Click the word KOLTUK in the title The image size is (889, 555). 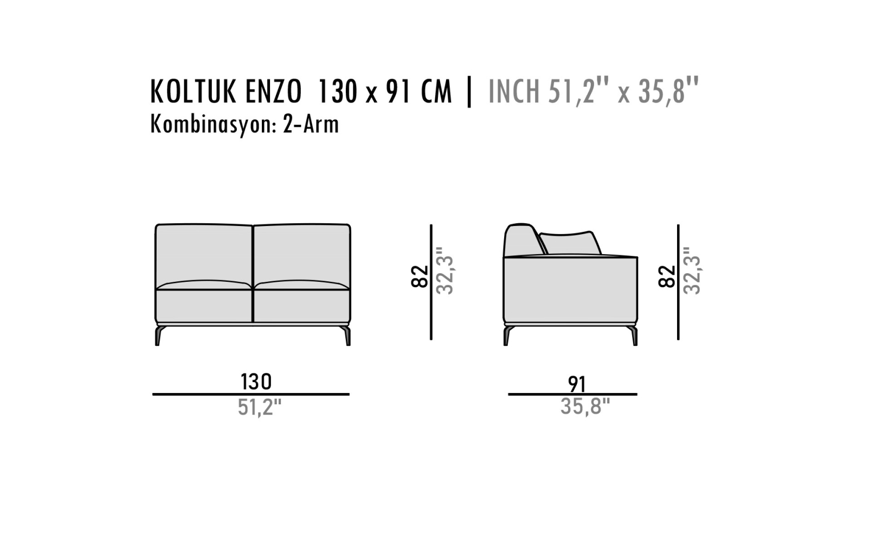click(x=194, y=92)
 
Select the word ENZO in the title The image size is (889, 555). click(x=274, y=92)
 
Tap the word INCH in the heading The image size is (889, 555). click(x=514, y=92)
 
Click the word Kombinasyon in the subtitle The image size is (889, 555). click(x=212, y=125)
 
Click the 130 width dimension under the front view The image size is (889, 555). click(x=256, y=382)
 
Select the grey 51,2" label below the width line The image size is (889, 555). click(x=260, y=408)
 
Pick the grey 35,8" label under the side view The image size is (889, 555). click(x=585, y=406)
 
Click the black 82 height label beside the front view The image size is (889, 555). click(x=420, y=276)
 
